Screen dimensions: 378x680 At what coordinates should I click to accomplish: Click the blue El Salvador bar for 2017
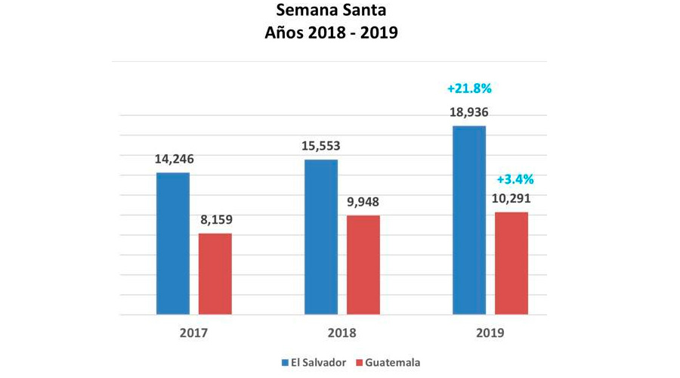pos(173,243)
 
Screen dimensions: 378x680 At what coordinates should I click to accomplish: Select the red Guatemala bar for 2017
pos(215,274)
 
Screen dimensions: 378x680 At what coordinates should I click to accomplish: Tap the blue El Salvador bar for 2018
pos(321,237)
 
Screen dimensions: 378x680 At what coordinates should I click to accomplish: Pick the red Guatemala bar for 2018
pos(363,265)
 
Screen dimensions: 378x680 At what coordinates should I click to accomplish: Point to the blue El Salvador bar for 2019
pos(469,219)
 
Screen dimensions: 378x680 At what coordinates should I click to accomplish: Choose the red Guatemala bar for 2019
pos(512,263)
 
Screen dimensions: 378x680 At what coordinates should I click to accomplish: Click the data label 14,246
pos(174,159)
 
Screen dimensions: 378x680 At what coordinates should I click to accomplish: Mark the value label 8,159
pos(215,221)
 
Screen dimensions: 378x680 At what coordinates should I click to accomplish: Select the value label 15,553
pos(321,146)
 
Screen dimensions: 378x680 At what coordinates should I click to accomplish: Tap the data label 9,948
pos(363,202)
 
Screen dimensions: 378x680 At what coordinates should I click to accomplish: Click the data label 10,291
pos(512,200)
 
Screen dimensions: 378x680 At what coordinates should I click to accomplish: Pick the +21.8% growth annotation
pos(469,88)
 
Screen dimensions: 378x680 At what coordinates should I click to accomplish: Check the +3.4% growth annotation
pos(515,179)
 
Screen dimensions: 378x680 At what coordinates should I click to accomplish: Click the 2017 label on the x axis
pos(194,333)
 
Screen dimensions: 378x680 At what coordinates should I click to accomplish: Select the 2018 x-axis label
pos(342,333)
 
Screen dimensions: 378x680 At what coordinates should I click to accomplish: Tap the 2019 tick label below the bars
pos(490,333)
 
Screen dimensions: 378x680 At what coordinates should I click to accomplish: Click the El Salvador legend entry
pos(314,362)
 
